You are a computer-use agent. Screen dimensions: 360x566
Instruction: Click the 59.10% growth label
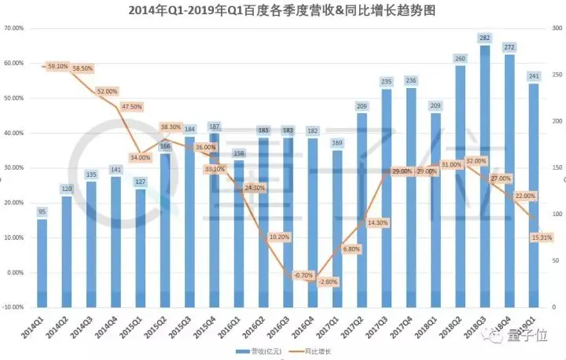click(59, 67)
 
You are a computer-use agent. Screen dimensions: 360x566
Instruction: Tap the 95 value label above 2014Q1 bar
click(42, 211)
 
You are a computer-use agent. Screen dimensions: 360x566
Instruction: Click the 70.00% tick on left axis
click(13, 28)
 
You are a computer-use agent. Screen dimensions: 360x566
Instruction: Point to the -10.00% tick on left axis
click(13, 307)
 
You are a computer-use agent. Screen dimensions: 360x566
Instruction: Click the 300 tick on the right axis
click(555, 28)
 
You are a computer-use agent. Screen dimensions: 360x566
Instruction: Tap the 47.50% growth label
click(131, 107)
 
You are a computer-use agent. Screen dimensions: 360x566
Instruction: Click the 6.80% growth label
click(351, 249)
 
